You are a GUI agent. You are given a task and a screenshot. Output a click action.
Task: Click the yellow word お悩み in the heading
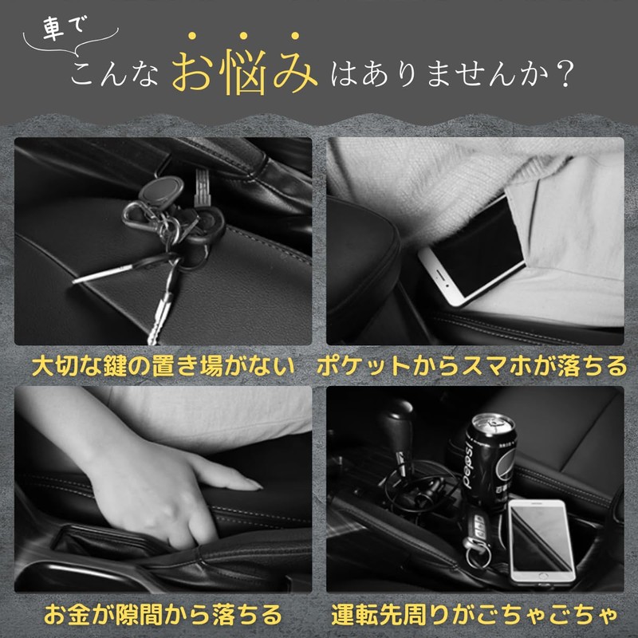click(x=245, y=72)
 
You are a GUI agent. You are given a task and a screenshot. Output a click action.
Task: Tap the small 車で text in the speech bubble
click(x=65, y=28)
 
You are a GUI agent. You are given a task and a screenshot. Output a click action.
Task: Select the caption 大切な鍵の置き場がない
click(x=163, y=366)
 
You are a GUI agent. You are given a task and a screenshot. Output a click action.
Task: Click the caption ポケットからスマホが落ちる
click(x=472, y=366)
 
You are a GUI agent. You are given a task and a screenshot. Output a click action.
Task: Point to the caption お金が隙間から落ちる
click(x=163, y=614)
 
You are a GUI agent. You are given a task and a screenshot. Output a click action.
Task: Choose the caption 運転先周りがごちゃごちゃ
click(x=475, y=614)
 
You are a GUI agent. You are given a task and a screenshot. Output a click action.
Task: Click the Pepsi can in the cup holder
click(x=490, y=461)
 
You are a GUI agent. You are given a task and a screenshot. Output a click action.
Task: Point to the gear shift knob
click(x=396, y=423)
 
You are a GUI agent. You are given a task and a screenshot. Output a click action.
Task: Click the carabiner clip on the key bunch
click(x=136, y=216)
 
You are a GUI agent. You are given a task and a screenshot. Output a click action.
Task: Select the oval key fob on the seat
click(x=161, y=189)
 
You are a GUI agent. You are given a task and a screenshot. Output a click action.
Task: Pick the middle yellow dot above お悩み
click(x=243, y=36)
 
